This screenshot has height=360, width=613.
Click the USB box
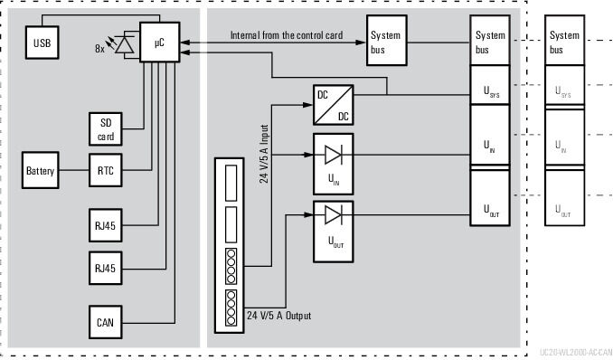point(42,42)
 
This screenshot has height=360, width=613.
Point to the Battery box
point(41,171)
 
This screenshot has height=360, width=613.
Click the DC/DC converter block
point(332,104)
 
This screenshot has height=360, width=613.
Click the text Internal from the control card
point(286,34)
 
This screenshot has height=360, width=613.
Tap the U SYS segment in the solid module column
point(491,91)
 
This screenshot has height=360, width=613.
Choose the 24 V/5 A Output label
point(278,316)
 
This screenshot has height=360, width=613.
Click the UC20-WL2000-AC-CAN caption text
point(575,351)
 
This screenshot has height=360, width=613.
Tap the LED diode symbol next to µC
point(126,43)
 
